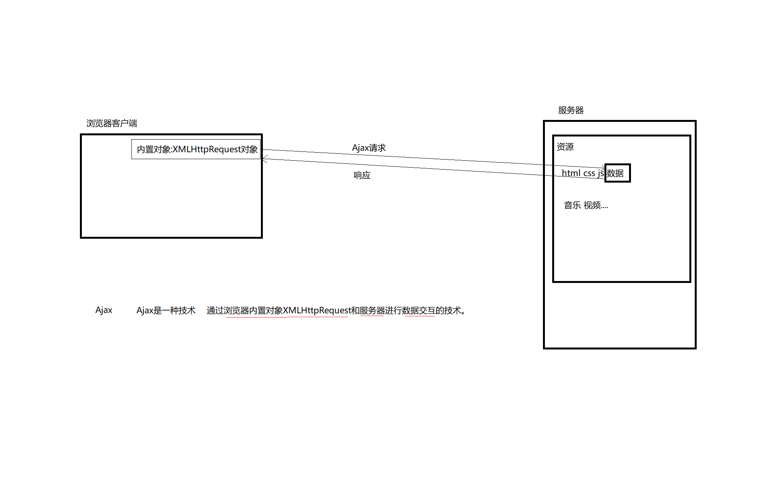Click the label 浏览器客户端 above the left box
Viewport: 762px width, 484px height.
point(111,123)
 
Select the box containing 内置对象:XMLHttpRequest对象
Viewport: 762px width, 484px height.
point(196,149)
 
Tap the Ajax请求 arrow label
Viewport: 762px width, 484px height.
point(369,148)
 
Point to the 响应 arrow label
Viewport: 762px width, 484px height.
point(362,175)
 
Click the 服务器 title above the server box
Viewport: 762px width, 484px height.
point(571,110)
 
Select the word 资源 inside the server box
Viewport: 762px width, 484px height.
point(565,147)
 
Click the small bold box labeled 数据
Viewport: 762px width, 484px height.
point(617,173)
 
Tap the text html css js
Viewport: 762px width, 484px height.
point(583,173)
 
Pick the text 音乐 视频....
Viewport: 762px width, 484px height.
point(586,205)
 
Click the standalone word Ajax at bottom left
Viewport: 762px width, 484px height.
point(104,310)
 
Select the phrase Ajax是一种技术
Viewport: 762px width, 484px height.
point(166,311)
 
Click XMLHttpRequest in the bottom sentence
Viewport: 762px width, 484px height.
point(317,311)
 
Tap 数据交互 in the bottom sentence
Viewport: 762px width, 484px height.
point(418,311)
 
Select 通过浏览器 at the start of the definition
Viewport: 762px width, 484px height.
point(227,311)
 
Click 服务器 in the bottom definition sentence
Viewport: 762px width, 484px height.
point(372,311)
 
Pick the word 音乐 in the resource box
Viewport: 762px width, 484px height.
point(572,205)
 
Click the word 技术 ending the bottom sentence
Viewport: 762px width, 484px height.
point(453,311)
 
